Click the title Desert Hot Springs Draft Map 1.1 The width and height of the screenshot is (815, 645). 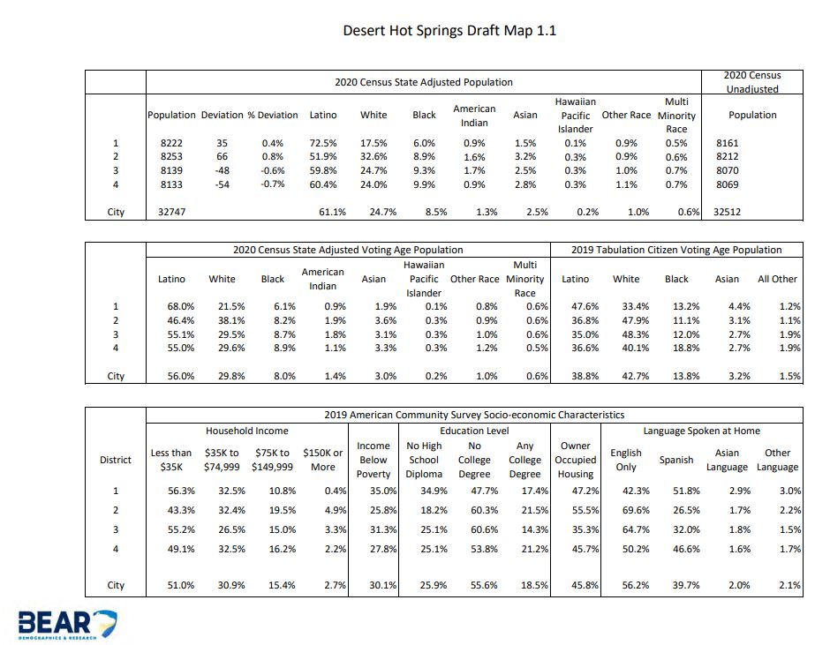[x=449, y=32]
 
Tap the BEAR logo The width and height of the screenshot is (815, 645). [x=67, y=622]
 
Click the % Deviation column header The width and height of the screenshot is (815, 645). [x=273, y=115]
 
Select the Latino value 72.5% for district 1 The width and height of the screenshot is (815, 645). [x=323, y=143]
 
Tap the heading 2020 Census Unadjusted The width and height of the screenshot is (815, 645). [x=751, y=82]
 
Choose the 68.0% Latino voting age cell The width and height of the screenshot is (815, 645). [x=171, y=307]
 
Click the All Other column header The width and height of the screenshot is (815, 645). [x=777, y=279]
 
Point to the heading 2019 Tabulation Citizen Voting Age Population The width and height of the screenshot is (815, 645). [x=676, y=250]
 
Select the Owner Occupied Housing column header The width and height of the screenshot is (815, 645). [x=576, y=460]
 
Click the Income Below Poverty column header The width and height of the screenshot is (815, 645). [x=374, y=460]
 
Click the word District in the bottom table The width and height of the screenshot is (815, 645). [x=116, y=460]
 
